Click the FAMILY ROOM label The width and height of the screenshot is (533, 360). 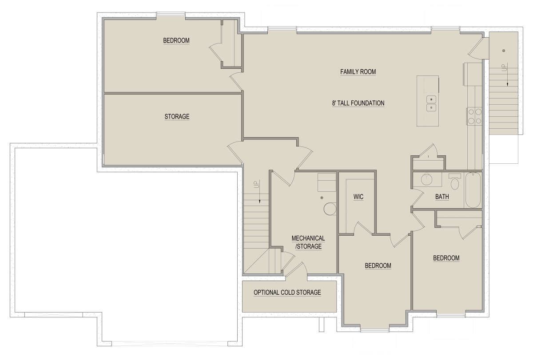358,71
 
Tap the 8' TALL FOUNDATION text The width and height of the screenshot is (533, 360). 358,103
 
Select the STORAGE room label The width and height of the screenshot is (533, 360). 177,116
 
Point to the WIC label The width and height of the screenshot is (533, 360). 358,197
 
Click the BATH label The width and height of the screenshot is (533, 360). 442,197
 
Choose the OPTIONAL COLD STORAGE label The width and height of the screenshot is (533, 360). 287,293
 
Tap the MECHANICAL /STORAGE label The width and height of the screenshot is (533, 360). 308,242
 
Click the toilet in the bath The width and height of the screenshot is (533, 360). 455,182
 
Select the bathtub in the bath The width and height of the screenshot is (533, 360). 473,190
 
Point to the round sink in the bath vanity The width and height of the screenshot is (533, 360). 426,179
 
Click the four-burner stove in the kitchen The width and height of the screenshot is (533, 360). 475,116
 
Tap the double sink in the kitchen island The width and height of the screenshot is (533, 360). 431,103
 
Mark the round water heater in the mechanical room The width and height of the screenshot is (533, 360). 330,209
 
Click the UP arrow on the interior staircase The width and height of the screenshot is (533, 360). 259,191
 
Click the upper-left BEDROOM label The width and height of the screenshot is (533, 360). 176,40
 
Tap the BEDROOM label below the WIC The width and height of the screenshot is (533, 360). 378,265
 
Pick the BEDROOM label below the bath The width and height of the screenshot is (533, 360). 446,258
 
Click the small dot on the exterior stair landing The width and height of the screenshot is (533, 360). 504,51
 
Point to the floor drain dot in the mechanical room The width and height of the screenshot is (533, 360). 322,198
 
